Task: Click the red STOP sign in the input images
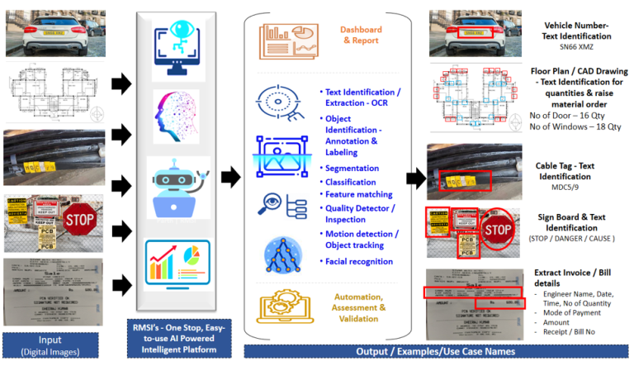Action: [80, 220]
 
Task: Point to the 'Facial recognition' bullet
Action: [360, 262]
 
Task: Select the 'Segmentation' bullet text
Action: [351, 168]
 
